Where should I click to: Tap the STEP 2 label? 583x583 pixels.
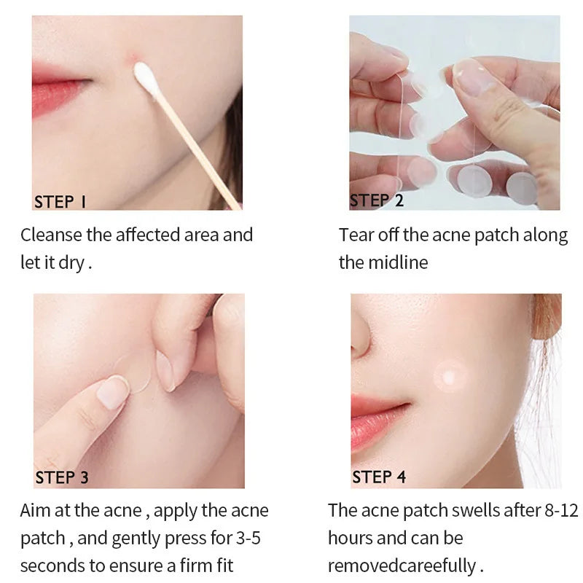point(377,200)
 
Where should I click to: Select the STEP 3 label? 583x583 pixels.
point(62,478)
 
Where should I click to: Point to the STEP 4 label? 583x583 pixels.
point(379,477)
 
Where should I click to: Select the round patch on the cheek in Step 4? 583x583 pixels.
point(449,376)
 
